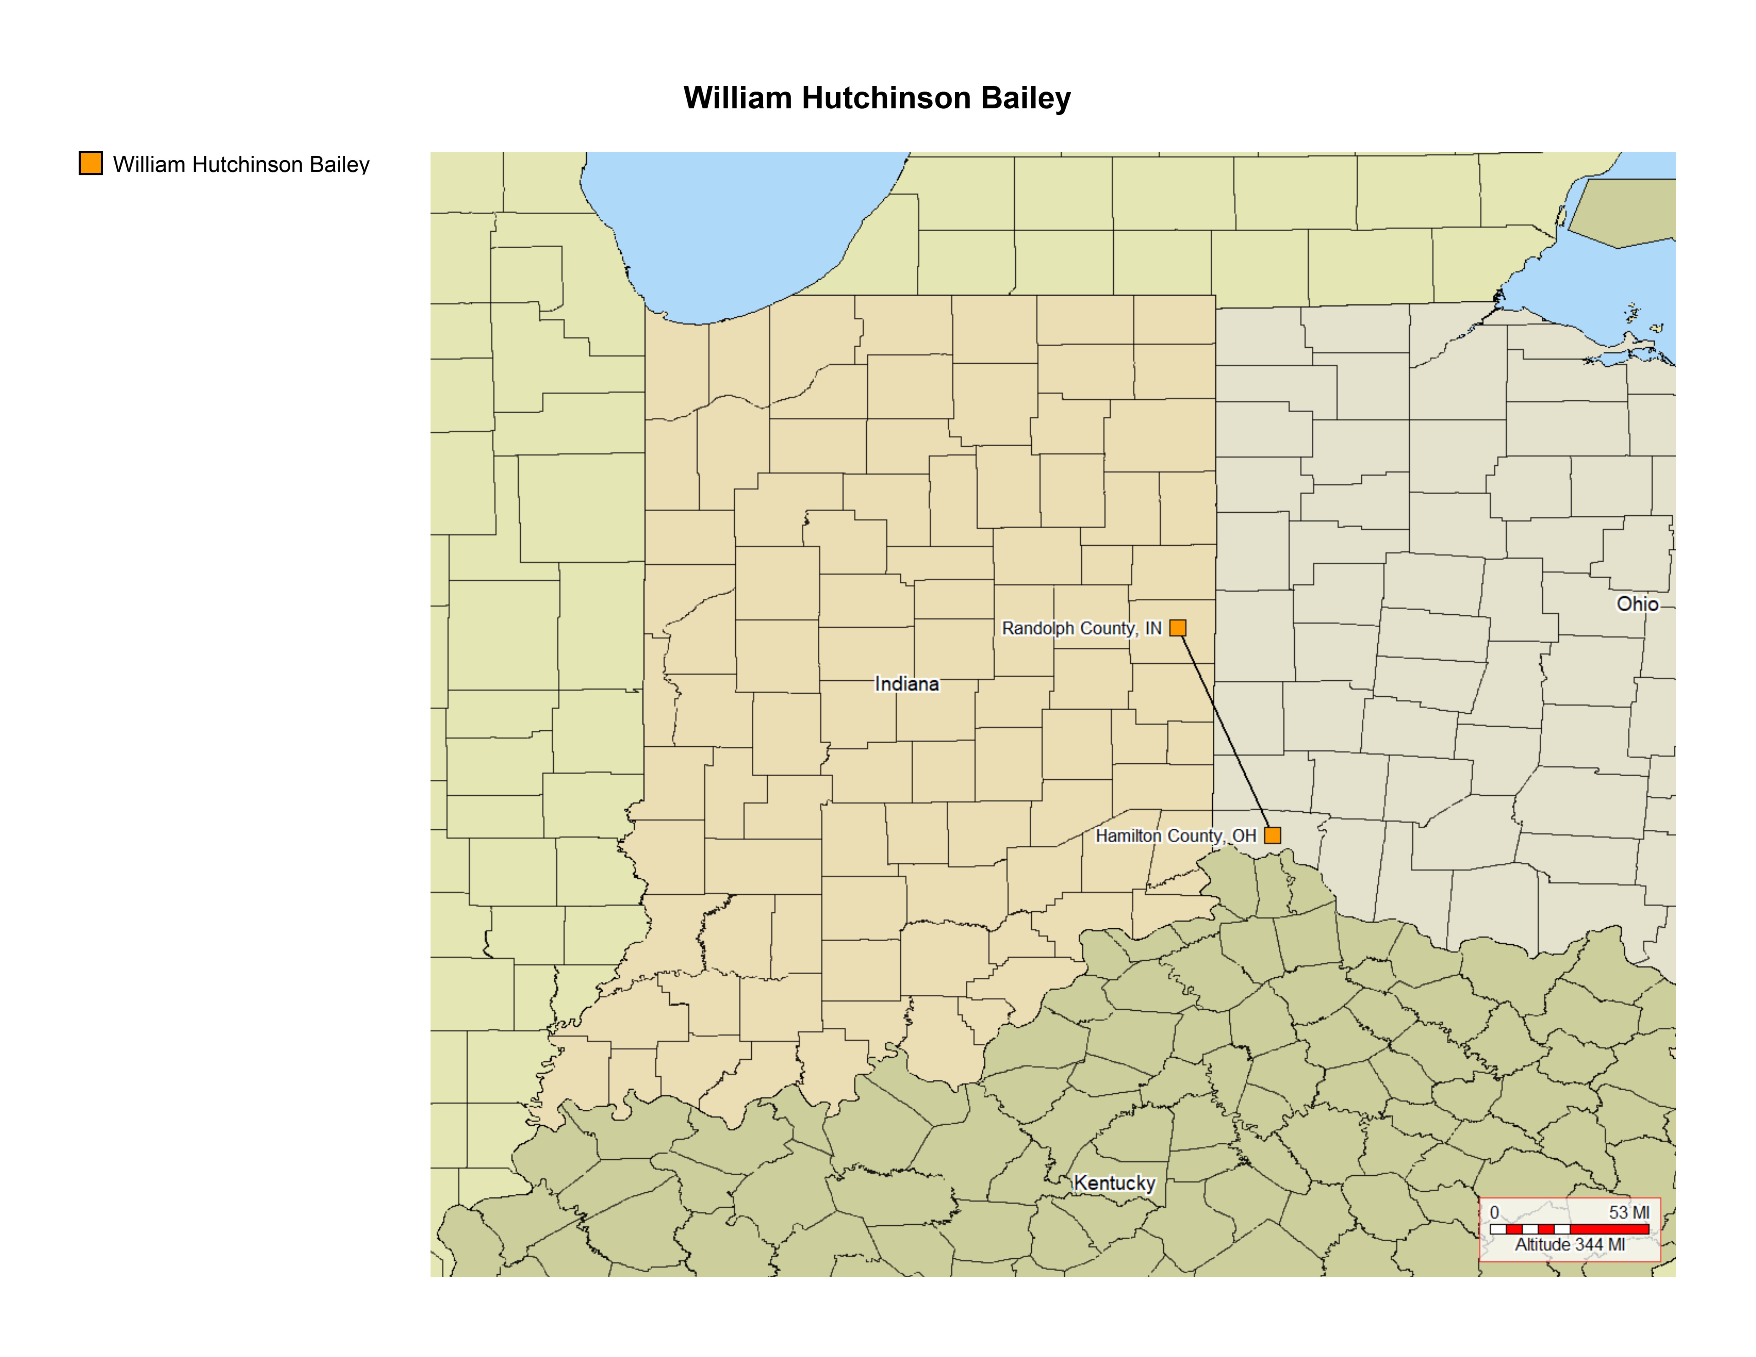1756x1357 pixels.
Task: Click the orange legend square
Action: point(91,163)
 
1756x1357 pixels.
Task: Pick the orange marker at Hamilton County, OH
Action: point(1272,835)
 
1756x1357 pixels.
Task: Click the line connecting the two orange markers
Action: point(1225,732)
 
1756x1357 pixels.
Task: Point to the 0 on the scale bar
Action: point(1494,1212)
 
